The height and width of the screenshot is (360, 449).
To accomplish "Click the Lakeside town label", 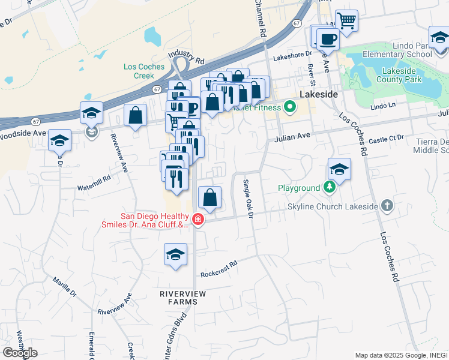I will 319,95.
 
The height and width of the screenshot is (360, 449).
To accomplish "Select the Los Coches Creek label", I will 139,71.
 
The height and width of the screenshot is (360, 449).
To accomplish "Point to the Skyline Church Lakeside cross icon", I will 387,206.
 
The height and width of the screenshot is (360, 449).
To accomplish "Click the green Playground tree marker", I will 329,188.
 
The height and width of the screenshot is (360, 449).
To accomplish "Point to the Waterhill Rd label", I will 94,179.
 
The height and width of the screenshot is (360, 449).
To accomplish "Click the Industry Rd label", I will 187,57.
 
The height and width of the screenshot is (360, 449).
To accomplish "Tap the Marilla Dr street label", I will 64,287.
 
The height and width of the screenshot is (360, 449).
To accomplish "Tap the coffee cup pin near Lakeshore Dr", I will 328,40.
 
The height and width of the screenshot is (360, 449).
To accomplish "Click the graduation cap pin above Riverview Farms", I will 175,254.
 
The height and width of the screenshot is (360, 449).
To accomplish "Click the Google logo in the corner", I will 20,352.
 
